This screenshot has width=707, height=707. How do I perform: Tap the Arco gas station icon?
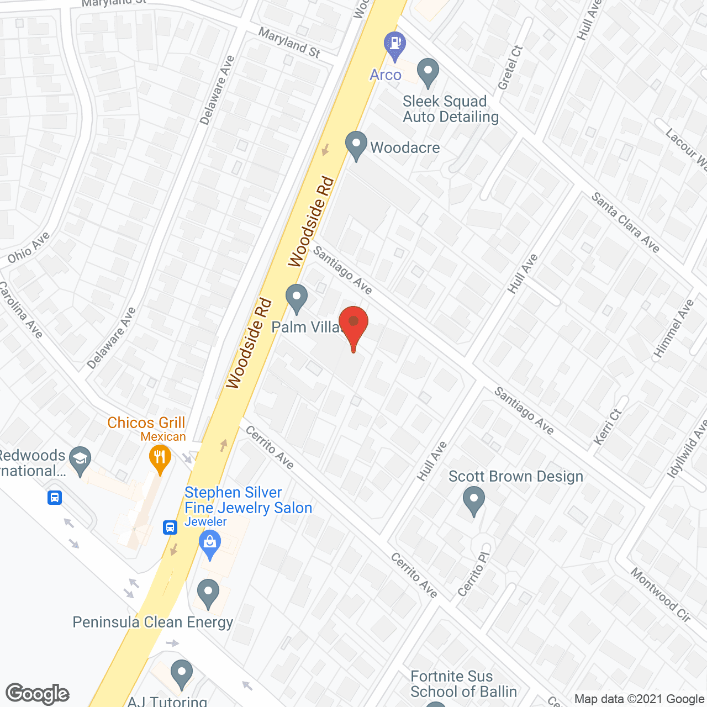click(x=394, y=44)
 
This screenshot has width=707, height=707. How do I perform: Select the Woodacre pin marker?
click(x=356, y=144)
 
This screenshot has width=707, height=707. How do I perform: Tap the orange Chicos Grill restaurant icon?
click(x=160, y=458)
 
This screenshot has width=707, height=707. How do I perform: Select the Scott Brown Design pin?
click(x=473, y=500)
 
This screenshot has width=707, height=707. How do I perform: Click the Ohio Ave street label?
click(x=29, y=247)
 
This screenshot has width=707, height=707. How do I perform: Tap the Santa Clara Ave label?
click(x=625, y=222)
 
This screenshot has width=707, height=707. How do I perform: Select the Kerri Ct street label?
click(x=608, y=427)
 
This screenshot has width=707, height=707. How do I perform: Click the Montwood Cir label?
click(x=661, y=595)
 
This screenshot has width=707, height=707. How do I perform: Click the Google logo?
click(x=38, y=693)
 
